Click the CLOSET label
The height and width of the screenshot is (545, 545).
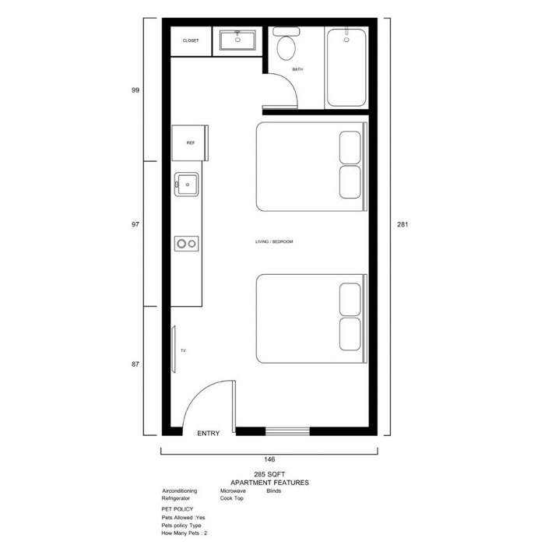click(x=191, y=40)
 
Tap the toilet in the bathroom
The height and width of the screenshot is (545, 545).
click(x=286, y=44)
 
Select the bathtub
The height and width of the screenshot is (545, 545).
click(x=346, y=68)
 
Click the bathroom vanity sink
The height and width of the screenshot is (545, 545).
click(x=237, y=40)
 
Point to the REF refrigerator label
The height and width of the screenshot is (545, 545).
click(x=191, y=142)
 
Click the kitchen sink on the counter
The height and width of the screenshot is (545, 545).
click(x=187, y=185)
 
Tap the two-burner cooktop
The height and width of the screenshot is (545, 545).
click(x=187, y=244)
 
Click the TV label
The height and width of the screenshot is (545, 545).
click(x=183, y=350)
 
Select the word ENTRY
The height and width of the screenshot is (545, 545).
click(x=209, y=433)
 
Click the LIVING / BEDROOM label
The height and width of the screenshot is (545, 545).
click(x=274, y=241)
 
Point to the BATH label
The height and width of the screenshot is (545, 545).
click(x=297, y=69)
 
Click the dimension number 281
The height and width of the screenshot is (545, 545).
click(x=403, y=224)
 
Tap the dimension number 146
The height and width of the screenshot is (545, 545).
click(x=269, y=459)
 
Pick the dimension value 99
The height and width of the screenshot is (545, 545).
click(x=135, y=90)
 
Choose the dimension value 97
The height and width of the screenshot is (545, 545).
click(x=135, y=224)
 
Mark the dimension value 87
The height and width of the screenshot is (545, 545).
click(x=135, y=364)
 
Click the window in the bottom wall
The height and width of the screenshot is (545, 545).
click(x=287, y=431)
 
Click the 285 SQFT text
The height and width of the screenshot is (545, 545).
click(x=269, y=474)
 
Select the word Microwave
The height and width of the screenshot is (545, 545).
click(x=233, y=490)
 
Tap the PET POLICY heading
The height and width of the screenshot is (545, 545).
click(x=178, y=509)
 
